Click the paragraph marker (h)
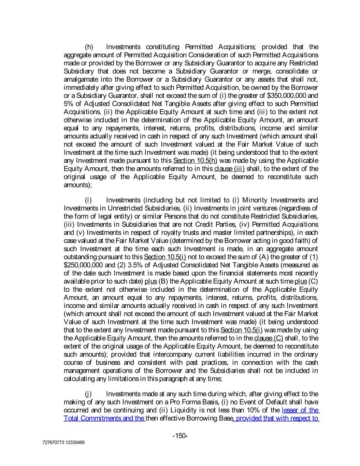89,47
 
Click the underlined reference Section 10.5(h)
195,161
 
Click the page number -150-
180,436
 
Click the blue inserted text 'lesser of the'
300,410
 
